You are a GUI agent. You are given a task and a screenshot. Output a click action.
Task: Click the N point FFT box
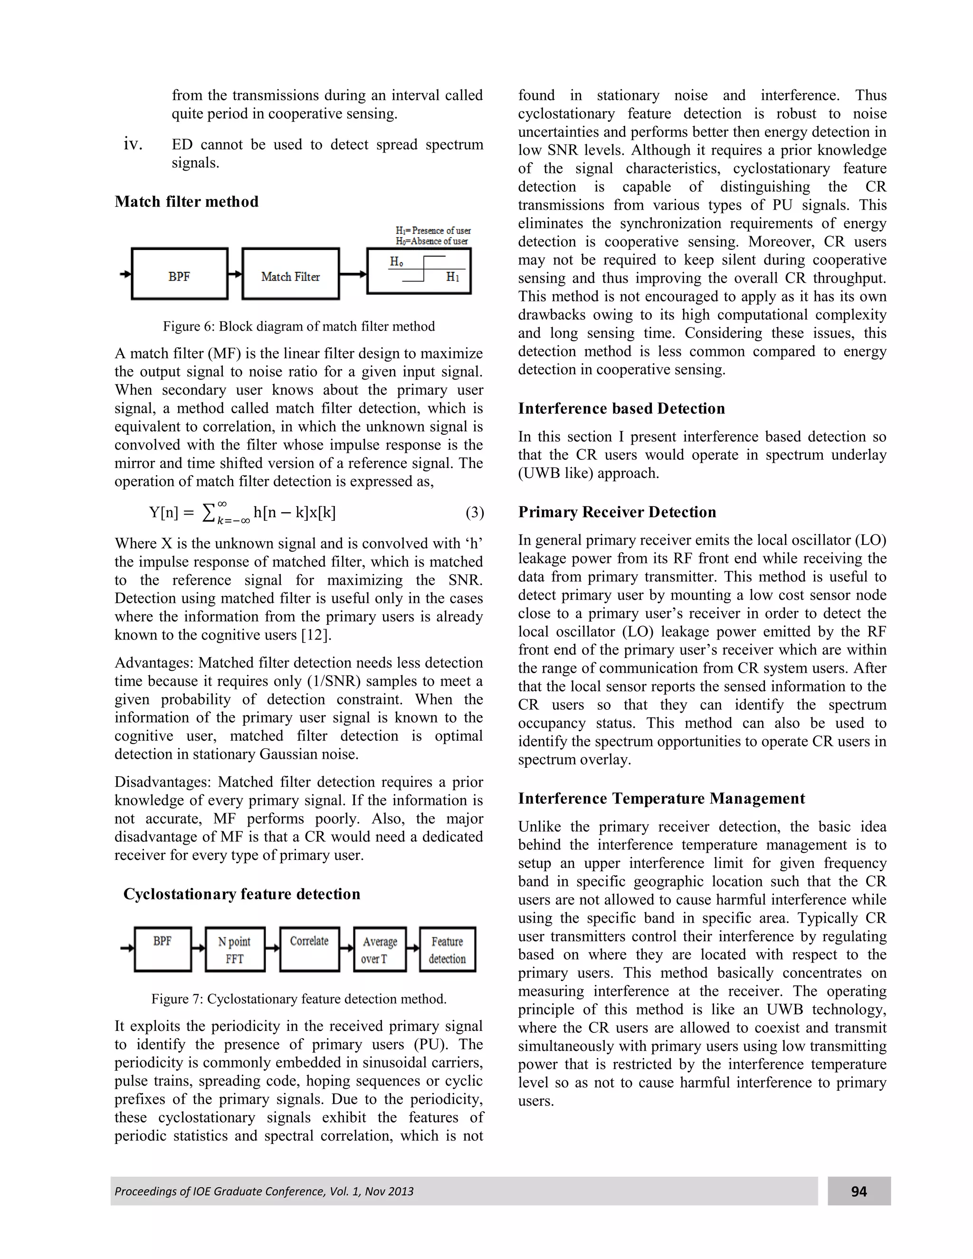pos(235,949)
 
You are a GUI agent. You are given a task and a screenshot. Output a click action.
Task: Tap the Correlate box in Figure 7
pos(310,949)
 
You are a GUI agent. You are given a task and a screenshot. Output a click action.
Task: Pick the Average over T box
pos(380,949)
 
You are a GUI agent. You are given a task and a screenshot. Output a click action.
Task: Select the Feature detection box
pos(447,949)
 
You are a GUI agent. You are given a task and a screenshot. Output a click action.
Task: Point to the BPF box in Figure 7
pos(162,949)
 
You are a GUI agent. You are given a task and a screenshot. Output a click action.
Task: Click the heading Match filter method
pos(186,202)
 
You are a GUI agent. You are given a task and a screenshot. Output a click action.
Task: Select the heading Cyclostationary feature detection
pos(241,894)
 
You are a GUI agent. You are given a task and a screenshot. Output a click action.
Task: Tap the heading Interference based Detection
pos(621,409)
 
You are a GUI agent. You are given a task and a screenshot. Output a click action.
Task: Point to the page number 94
pos(859,1192)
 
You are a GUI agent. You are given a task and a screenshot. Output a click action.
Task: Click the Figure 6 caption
pos(298,327)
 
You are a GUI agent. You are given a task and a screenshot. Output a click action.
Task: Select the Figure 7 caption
pos(298,999)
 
